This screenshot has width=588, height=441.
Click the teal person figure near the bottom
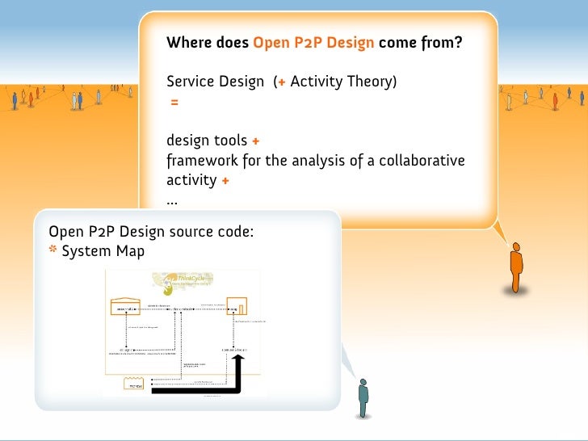pos(363,397)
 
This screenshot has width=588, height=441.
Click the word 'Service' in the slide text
pos(191,82)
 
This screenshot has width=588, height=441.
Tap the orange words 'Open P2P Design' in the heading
pos(313,42)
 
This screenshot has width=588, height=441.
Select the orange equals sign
pos(174,103)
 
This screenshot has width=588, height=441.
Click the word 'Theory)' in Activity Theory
pos(373,82)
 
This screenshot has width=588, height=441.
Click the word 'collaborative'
pos(424,160)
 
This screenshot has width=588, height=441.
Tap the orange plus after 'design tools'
pos(255,141)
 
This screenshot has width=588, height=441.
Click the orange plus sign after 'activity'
pos(225,180)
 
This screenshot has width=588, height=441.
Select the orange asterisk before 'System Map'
pos(53,250)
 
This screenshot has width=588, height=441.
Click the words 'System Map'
pos(103,251)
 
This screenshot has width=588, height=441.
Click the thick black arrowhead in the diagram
pos(238,360)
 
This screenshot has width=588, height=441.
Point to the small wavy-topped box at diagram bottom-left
pos(133,384)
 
